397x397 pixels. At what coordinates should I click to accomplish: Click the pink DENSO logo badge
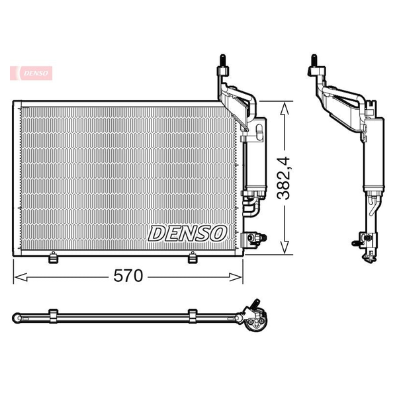point(31,73)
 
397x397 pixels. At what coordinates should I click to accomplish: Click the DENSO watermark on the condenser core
point(187,234)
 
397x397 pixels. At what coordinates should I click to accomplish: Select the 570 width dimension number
point(128,276)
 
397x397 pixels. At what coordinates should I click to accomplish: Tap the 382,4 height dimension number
point(283,178)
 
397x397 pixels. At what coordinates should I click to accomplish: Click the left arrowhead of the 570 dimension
point(21,277)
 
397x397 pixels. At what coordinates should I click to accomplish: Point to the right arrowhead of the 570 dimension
point(236,277)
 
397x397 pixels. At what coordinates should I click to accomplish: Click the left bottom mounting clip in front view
point(53,257)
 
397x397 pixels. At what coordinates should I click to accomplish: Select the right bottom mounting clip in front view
point(193,257)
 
